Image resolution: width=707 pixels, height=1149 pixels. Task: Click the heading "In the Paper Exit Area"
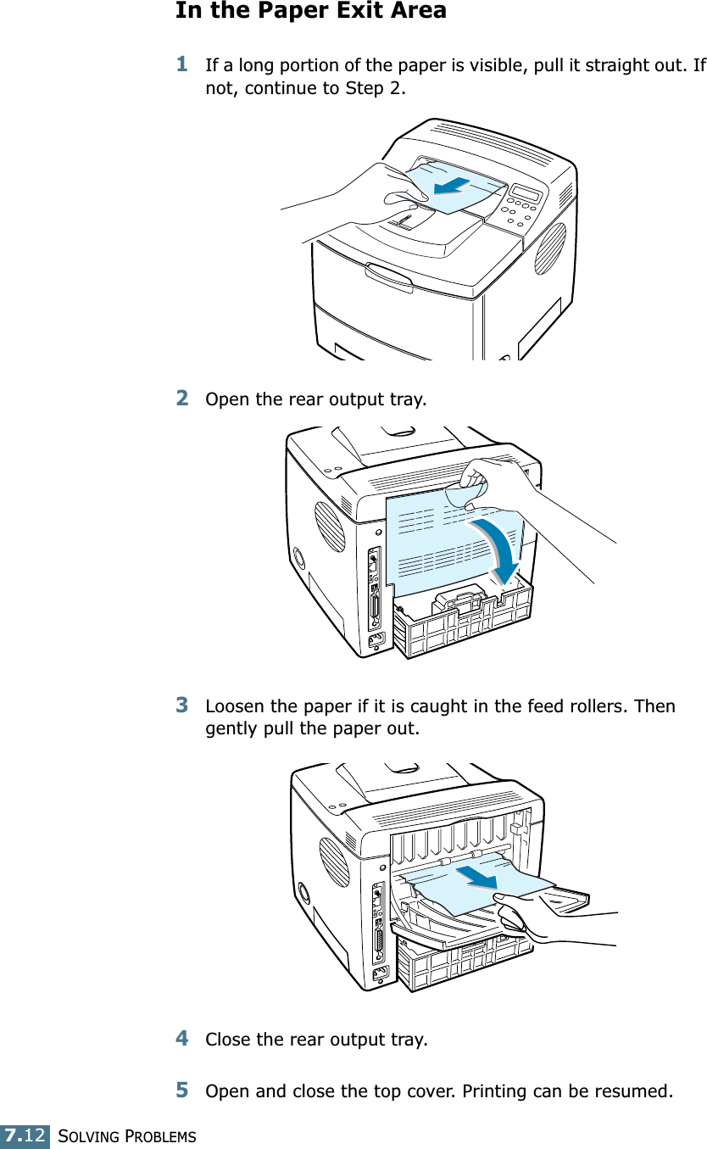tap(310, 11)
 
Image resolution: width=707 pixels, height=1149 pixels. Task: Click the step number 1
tap(182, 64)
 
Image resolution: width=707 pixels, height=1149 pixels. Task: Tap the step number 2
tap(182, 397)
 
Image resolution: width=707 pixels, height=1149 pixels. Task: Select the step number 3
tap(182, 705)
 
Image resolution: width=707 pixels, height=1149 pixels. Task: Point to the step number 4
tap(182, 1037)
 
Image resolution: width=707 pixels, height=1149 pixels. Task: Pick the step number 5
tap(182, 1088)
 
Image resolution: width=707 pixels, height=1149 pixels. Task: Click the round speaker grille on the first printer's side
tap(549, 248)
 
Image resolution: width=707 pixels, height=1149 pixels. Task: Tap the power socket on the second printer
tap(374, 639)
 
